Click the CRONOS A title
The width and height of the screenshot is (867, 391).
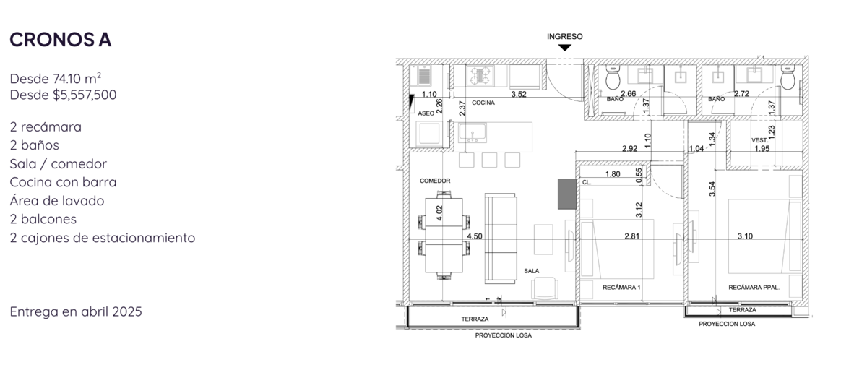coord(61,40)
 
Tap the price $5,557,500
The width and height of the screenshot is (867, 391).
coord(85,95)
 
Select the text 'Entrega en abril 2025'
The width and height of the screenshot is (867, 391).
coord(76,311)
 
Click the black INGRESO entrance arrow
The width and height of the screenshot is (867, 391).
coord(565,48)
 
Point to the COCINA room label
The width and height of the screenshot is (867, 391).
coord(483,103)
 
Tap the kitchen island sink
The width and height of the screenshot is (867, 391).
coord(473,133)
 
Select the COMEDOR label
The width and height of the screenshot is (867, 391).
coord(435,181)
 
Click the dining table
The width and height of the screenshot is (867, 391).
coord(444,236)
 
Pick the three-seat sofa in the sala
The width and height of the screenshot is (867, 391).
coord(501,239)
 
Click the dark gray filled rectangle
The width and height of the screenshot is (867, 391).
coord(567,194)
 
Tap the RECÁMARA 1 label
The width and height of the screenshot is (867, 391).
coord(621,287)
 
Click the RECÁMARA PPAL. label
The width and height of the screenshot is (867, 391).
coord(754,288)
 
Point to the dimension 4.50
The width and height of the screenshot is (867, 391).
coord(475,236)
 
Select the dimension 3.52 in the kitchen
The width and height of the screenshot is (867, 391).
coord(519,94)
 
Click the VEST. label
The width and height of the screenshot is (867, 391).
coord(759,140)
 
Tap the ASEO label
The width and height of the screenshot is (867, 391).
coord(426,113)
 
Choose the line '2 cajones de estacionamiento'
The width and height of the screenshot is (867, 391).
coord(103,238)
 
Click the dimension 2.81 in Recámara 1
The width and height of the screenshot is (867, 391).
coord(631,236)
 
